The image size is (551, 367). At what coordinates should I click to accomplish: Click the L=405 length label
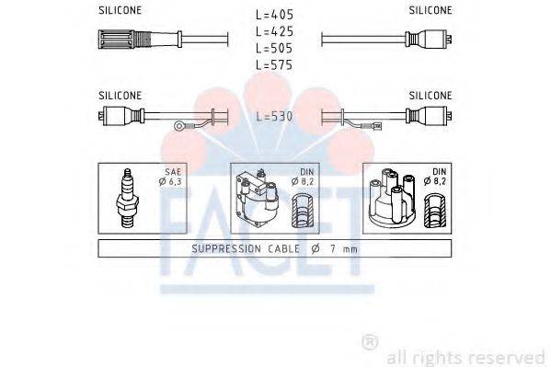tap(273, 16)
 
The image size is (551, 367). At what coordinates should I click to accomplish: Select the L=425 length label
tap(273, 32)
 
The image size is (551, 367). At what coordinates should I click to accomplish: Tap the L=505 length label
tap(273, 49)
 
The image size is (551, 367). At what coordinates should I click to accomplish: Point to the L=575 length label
tap(273, 65)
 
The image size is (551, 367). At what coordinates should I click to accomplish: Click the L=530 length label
tap(273, 118)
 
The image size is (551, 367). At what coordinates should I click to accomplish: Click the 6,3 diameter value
tap(174, 182)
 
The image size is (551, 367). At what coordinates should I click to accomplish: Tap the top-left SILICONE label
tap(120, 11)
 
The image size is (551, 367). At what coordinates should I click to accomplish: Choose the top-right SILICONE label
tap(430, 11)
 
